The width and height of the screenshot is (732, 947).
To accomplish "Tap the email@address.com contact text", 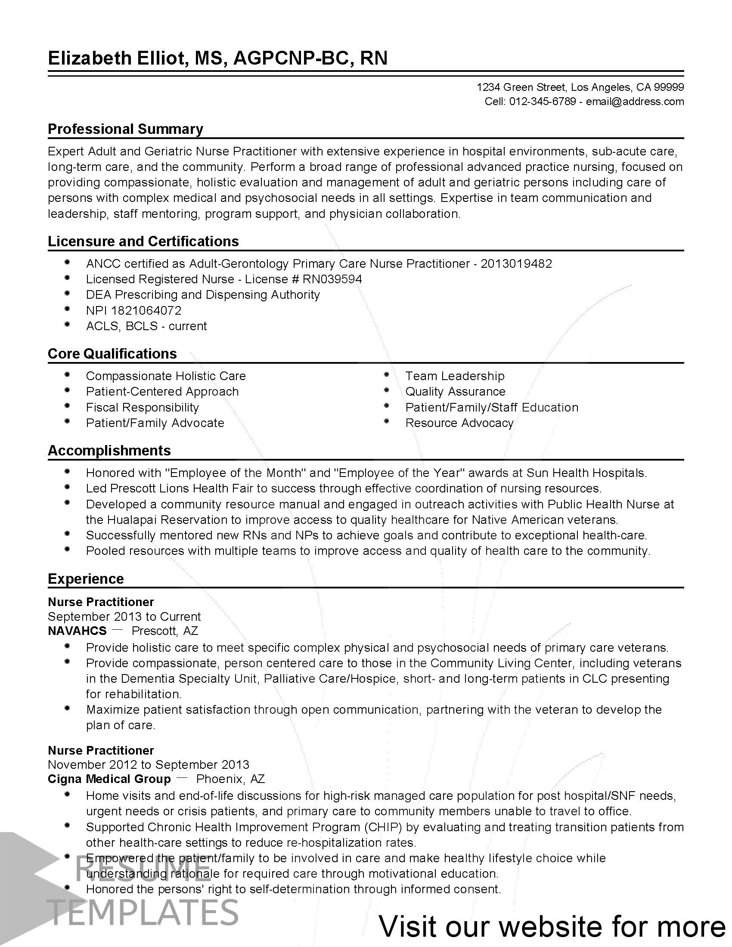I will coord(635,102).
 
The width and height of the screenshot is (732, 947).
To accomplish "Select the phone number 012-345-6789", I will coord(542,102).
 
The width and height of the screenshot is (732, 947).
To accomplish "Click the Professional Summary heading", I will coord(125,129).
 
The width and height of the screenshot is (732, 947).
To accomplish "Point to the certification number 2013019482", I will coord(516,263).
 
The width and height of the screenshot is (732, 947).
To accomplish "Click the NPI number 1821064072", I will coord(146,310).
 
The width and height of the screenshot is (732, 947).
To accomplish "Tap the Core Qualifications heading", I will coord(112,353).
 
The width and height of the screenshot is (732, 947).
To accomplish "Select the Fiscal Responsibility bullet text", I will coord(142,408).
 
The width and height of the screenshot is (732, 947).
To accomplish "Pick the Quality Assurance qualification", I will coord(455,392).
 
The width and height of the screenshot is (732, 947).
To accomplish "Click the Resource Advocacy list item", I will coord(459,423).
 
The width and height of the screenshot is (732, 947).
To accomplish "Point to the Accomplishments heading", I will coord(109,451).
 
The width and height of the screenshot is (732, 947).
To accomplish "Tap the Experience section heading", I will coord(85,579).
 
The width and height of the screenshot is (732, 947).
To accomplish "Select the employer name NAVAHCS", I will coord(77,631).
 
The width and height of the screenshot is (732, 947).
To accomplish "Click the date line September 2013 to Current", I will coord(124,616).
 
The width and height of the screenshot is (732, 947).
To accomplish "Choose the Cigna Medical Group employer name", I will coord(109,779).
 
